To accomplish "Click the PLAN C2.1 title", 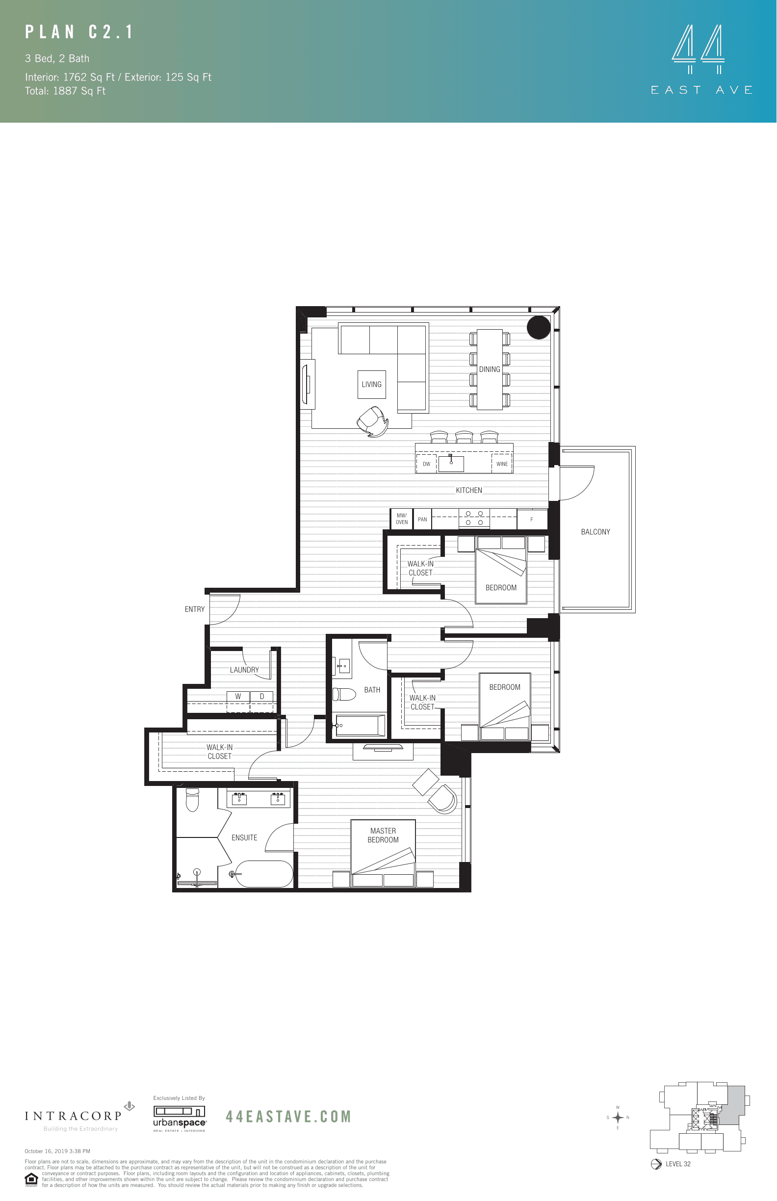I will click(x=80, y=32).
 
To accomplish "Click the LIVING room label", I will click(x=371, y=385).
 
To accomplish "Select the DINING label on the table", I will click(x=490, y=369).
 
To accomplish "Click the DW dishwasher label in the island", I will click(x=426, y=464).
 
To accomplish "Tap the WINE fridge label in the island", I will click(x=502, y=464).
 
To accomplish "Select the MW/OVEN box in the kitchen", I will click(x=402, y=519).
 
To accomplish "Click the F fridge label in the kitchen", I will click(x=531, y=519).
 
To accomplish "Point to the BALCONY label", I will click(x=596, y=532).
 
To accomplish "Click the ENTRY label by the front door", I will click(x=194, y=609).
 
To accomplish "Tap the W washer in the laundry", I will click(x=238, y=696).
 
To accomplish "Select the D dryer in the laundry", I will click(x=262, y=696).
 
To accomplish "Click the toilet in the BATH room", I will click(x=345, y=694).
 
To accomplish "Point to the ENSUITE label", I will click(x=244, y=837).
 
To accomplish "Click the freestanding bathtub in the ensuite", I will click(x=264, y=873).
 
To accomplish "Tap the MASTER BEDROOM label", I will click(x=383, y=835).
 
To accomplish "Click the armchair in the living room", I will click(x=373, y=421).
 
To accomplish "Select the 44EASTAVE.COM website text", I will click(x=288, y=1117).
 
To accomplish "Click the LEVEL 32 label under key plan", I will click(x=677, y=1164).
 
